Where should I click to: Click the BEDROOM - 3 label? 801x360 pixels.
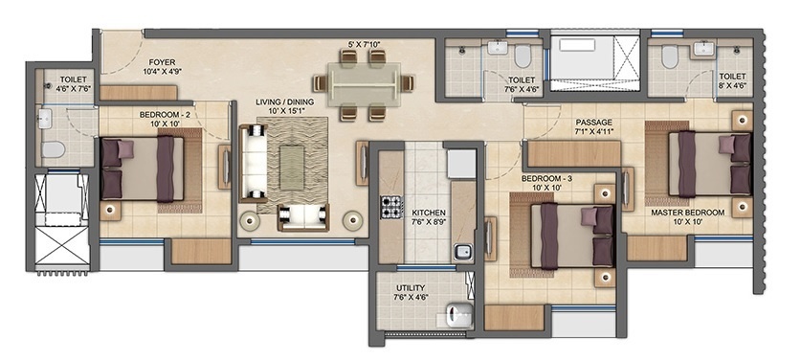pyautogui.click(x=548, y=182)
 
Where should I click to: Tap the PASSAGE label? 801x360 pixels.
pyautogui.click(x=593, y=124)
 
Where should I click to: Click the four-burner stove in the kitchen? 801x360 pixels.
pyautogui.click(x=390, y=208)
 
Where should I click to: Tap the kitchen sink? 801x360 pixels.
pyautogui.click(x=462, y=253)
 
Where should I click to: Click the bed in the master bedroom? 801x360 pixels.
pyautogui.click(x=710, y=163)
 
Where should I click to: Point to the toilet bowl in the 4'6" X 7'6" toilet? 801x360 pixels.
pyautogui.click(x=56, y=149)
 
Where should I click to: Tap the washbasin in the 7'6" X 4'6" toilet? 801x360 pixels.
pyautogui.click(x=498, y=48)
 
